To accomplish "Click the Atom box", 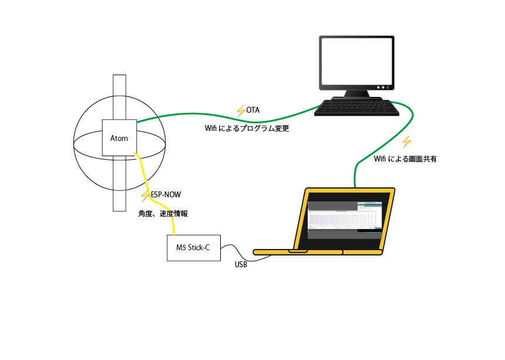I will point(119,138).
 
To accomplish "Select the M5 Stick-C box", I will point(193,247).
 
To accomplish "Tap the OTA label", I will point(253,110).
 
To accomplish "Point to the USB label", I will point(241,265).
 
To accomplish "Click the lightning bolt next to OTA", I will point(240,110).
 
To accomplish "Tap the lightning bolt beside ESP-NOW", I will point(145,196).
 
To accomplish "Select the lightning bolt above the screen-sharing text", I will point(406,142).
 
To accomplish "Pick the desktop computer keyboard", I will point(353,107).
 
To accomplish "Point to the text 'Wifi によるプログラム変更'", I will point(247,128).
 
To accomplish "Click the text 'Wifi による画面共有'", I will point(405,159).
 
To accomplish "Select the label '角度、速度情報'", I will point(163,214).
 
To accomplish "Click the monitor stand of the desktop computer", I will point(356,93).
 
